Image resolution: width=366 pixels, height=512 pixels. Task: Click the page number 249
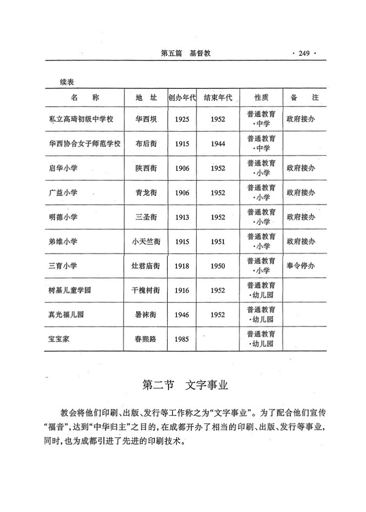304,54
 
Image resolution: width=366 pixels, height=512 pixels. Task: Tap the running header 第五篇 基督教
186,54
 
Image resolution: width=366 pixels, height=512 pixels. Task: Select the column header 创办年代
182,98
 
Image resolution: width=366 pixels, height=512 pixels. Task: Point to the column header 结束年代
218,98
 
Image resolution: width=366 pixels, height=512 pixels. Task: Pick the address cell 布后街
146,144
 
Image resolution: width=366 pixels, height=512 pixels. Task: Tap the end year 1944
218,144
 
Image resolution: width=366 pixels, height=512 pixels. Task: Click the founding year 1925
182,119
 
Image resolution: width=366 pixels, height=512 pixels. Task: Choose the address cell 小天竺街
146,242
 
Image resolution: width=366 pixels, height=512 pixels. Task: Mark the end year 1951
218,242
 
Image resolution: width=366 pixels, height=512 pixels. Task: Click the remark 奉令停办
301,266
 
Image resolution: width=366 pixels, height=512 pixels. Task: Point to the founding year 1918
182,266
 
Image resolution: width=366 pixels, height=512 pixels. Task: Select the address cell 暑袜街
146,315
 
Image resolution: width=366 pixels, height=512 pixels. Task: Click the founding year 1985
182,339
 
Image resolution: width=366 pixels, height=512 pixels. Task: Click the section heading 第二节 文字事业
185,385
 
